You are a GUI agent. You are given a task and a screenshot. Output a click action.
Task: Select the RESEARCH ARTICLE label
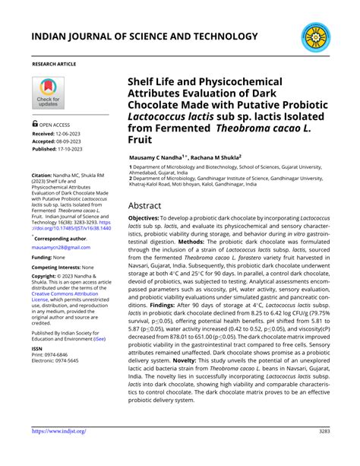tap(54, 65)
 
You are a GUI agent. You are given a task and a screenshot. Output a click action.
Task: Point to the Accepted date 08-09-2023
tap(74, 141)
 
